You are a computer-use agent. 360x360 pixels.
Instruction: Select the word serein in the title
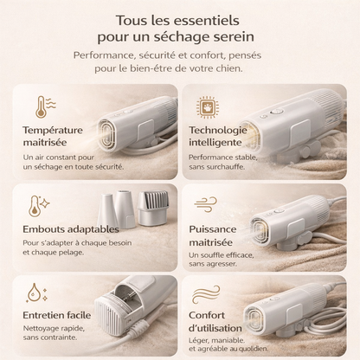226,38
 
